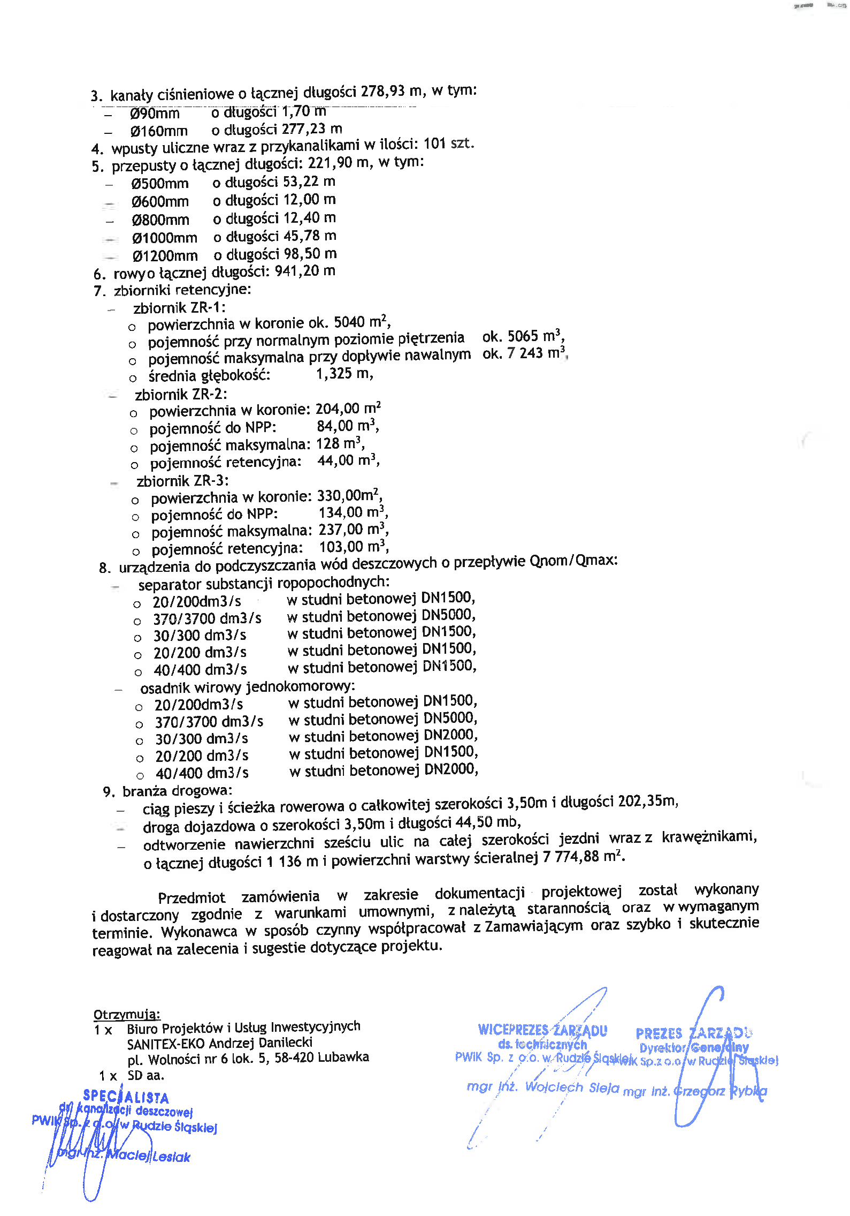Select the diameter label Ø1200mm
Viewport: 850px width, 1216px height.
coord(165,256)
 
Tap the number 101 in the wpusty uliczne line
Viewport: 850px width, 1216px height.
coord(434,144)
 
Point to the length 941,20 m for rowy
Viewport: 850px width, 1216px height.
coord(305,271)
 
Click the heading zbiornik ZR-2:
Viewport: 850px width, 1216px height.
coord(181,395)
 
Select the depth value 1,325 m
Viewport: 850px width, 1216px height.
coord(344,374)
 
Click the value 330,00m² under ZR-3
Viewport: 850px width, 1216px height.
coord(348,495)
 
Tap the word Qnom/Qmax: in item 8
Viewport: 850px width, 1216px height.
coord(573,561)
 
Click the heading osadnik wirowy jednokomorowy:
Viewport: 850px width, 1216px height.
coord(247,687)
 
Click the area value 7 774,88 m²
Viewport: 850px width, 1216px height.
coord(581,857)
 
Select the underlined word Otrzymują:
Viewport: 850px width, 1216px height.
coord(127,1014)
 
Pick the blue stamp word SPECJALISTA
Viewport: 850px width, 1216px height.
coord(126,1097)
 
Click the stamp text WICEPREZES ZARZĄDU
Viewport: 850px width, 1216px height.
coord(542,1030)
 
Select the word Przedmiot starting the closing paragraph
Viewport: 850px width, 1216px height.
coord(192,897)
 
